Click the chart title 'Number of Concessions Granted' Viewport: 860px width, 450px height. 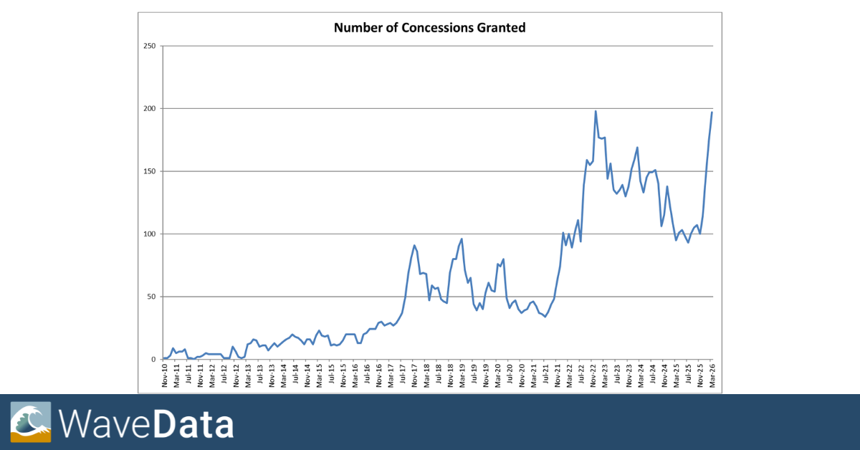click(x=429, y=29)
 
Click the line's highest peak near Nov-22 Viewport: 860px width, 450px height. click(x=596, y=111)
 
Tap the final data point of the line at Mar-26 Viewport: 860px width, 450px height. click(x=712, y=112)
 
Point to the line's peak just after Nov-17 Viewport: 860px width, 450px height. click(x=414, y=245)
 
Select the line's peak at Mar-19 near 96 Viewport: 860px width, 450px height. click(x=462, y=239)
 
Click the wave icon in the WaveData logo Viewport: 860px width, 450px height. click(x=31, y=422)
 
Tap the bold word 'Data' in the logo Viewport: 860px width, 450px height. click(x=193, y=423)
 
